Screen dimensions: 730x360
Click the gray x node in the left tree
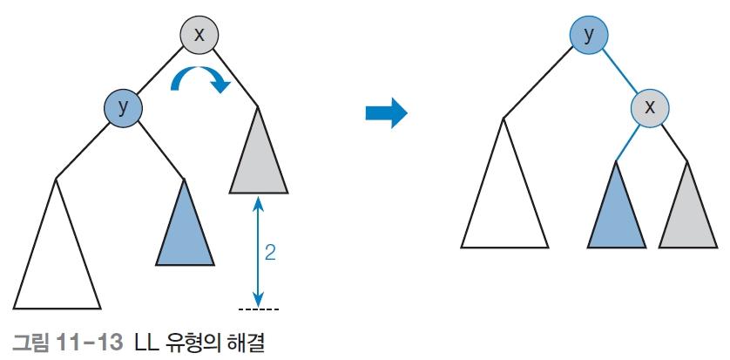point(199,36)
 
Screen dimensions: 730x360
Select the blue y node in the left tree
point(123,108)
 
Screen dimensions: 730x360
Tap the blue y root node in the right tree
point(589,36)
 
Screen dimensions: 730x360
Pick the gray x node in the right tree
point(650,108)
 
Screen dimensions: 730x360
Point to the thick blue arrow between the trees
point(387,112)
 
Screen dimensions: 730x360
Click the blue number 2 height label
point(270,253)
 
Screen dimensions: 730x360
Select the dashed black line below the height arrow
point(259,309)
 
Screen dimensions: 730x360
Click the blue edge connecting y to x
point(620,72)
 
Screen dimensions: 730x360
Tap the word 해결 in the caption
point(247,343)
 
